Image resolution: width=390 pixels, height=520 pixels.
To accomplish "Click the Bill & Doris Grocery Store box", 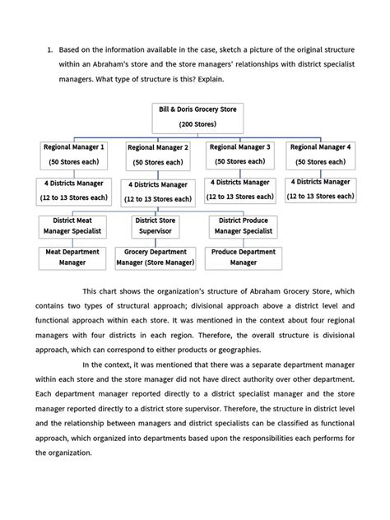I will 195,116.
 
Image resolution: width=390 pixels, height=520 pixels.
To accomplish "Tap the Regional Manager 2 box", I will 158,155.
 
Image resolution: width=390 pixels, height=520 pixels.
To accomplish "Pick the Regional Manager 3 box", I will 240,154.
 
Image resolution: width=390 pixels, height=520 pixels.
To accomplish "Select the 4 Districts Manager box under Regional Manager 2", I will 158,192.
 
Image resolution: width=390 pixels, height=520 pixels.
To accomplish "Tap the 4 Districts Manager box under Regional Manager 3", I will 240,190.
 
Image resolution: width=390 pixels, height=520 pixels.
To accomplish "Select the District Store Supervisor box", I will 156,226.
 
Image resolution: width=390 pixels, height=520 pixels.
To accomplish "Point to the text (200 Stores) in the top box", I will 195,123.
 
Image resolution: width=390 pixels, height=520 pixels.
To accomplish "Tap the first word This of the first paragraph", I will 92,290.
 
